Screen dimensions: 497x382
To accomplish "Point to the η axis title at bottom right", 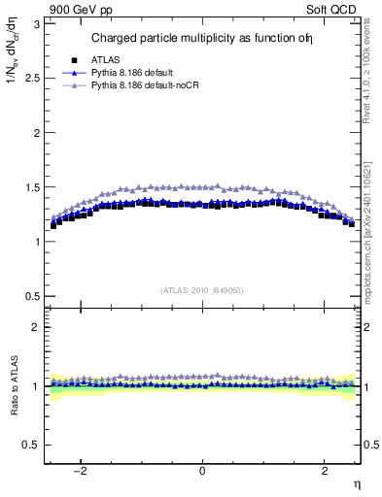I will click(x=357, y=484).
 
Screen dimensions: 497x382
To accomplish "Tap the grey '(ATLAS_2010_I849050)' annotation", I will click(x=202, y=290).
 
